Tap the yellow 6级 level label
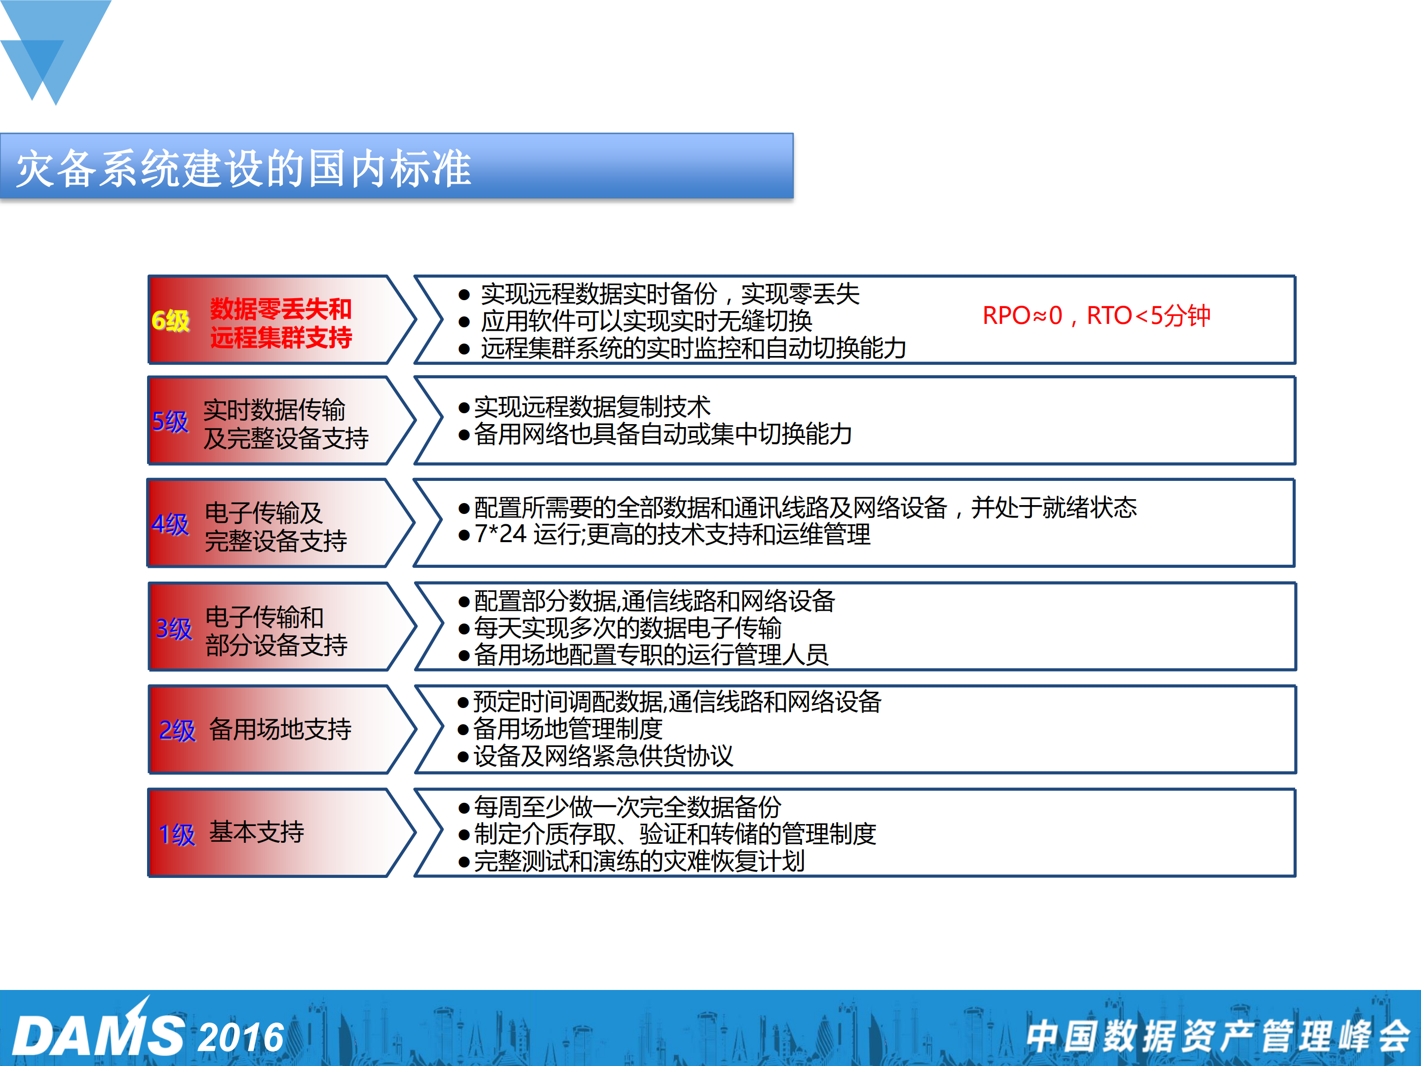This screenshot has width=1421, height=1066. point(171,320)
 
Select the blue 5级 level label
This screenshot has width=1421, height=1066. point(170,422)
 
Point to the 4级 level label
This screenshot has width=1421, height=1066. point(170,524)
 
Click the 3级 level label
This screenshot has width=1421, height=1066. point(173,629)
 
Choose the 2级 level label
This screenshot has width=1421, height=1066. point(177,731)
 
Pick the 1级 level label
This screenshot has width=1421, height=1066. point(177,834)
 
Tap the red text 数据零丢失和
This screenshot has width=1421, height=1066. point(281,309)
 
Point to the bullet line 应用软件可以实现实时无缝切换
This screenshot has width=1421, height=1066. point(646,320)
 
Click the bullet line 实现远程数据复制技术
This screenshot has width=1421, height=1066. point(592,407)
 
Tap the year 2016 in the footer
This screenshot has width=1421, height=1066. point(241,1037)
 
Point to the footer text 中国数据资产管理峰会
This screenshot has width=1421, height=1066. point(1217,1036)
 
